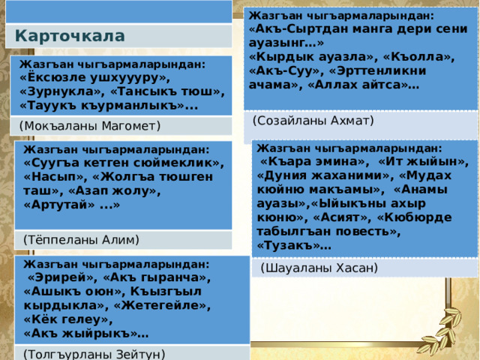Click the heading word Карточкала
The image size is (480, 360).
point(70,35)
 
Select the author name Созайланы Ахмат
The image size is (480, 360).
point(313,120)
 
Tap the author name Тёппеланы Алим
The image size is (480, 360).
point(82,239)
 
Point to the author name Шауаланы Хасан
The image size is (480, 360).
point(319,267)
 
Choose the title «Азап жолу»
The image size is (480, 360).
point(155,190)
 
